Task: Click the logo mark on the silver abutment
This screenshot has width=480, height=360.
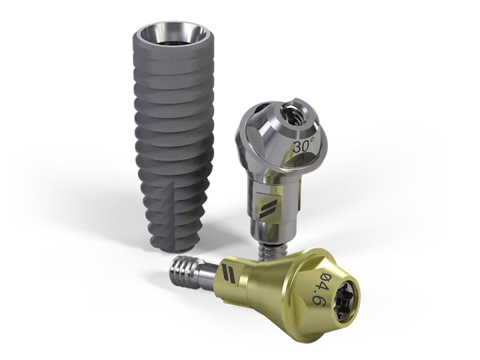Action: pyautogui.click(x=268, y=209)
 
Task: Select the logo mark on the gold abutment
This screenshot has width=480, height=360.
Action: pyautogui.click(x=229, y=274)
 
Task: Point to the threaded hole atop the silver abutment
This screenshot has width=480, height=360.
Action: pyautogui.click(x=291, y=113)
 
